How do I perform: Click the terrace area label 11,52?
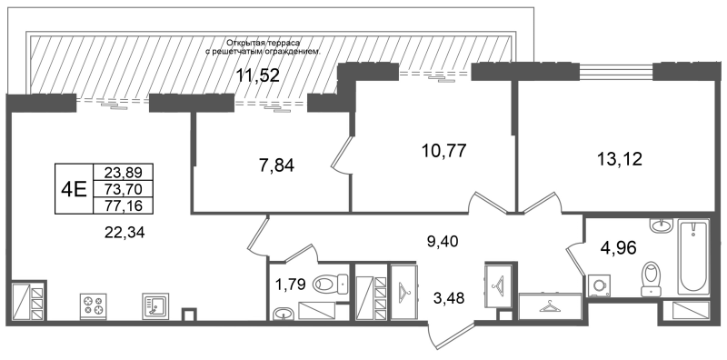[x=258, y=75]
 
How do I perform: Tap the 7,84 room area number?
[x=276, y=165]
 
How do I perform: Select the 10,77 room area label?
[x=443, y=150]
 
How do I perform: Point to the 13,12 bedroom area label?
[x=620, y=160]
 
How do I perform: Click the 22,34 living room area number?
[x=124, y=232]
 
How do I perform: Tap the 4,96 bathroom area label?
[x=619, y=247]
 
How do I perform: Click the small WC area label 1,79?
[x=292, y=284]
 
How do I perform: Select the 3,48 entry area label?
[x=448, y=297]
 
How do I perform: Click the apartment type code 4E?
[x=75, y=189]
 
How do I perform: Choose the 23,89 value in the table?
[x=123, y=172]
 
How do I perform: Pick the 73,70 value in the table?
[x=123, y=189]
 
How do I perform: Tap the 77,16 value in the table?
[x=123, y=205]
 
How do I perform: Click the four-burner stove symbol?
[x=94, y=305]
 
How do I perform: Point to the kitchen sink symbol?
[x=155, y=305]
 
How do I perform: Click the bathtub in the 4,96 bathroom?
[x=693, y=257]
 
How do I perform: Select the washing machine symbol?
[x=599, y=285]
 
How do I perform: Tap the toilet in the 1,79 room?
[x=331, y=283]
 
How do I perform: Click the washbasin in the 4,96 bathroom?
[x=661, y=225]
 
